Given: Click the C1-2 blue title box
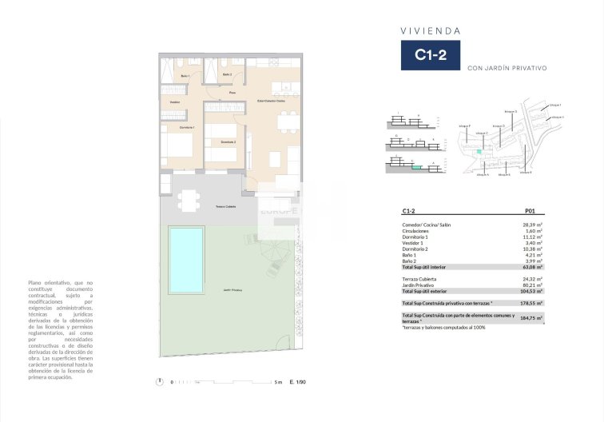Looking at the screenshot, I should (430, 55).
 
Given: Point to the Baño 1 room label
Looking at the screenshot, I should (185, 76).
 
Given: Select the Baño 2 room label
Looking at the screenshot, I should (227, 75).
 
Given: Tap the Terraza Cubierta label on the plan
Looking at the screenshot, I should (225, 207).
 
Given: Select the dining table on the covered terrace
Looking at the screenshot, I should (188, 199).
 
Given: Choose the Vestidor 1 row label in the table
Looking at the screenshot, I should (415, 243).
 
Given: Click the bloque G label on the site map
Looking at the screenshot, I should (511, 111).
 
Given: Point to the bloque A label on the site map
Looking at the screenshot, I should (482, 174).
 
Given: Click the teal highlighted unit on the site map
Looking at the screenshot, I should (479, 151).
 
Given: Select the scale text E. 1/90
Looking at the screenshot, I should (297, 382).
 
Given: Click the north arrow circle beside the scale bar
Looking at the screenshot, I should (161, 381).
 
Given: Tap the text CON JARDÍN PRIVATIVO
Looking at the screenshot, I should (507, 69).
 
